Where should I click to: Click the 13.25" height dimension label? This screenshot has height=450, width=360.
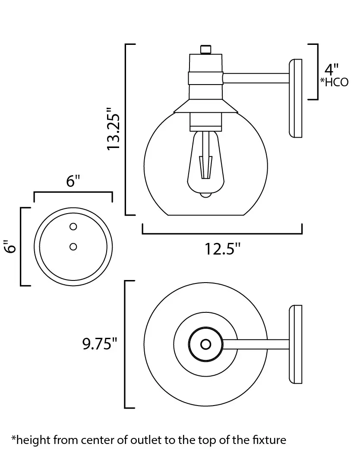coord(113,129)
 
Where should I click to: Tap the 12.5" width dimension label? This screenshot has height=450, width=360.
coord(222,249)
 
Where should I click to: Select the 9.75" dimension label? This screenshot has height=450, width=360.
coord(100,343)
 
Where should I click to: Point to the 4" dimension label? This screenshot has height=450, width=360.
coord(332,69)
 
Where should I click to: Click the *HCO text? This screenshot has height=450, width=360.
coord(335,82)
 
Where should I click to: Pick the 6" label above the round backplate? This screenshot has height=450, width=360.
coord(73,181)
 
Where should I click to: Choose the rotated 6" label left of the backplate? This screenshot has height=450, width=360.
coord(10,246)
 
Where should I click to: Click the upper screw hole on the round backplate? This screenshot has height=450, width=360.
coord(73,227)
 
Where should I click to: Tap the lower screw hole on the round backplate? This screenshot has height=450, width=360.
coord(73,246)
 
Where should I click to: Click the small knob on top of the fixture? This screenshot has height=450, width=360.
coord(205,49)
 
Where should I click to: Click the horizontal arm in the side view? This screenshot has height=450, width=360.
coord(256,78)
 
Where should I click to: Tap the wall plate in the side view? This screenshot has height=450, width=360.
coord(295,98)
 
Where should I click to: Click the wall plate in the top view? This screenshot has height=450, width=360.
coord(295,344)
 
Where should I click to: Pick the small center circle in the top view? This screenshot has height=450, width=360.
coord(205,344)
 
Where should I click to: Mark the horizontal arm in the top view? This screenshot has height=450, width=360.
coord(256,344)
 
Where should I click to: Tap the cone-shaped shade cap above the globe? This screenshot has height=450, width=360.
coord(205,106)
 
